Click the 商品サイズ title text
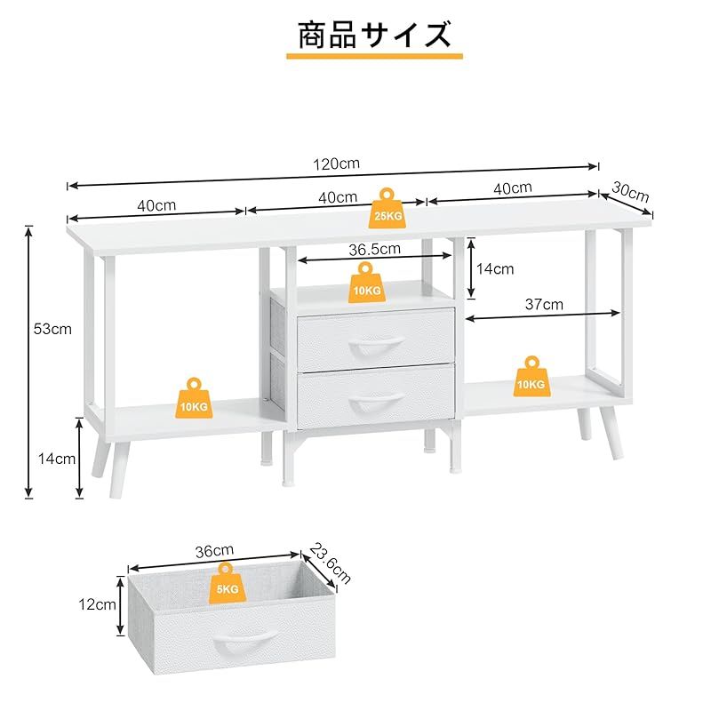click(373, 35)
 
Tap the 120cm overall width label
click(336, 164)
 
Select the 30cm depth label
click(632, 193)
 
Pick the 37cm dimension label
click(544, 304)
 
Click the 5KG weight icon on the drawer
click(224, 583)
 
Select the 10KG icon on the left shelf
click(196, 397)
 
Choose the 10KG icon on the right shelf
click(531, 376)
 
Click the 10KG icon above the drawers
click(364, 282)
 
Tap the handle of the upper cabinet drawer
click(376, 344)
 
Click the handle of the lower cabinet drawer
click(376, 403)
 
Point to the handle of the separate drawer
click(243, 638)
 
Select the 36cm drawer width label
click(215, 551)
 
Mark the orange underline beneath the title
click(373, 55)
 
